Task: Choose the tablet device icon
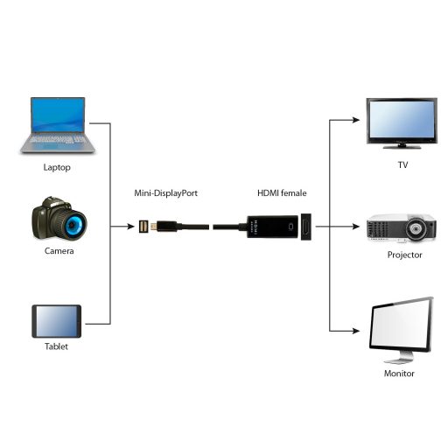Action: [56, 321]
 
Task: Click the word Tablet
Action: [56, 346]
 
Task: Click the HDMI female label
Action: [282, 192]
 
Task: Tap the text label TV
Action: [402, 164]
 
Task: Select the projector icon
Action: [402, 228]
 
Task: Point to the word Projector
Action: [404, 255]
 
